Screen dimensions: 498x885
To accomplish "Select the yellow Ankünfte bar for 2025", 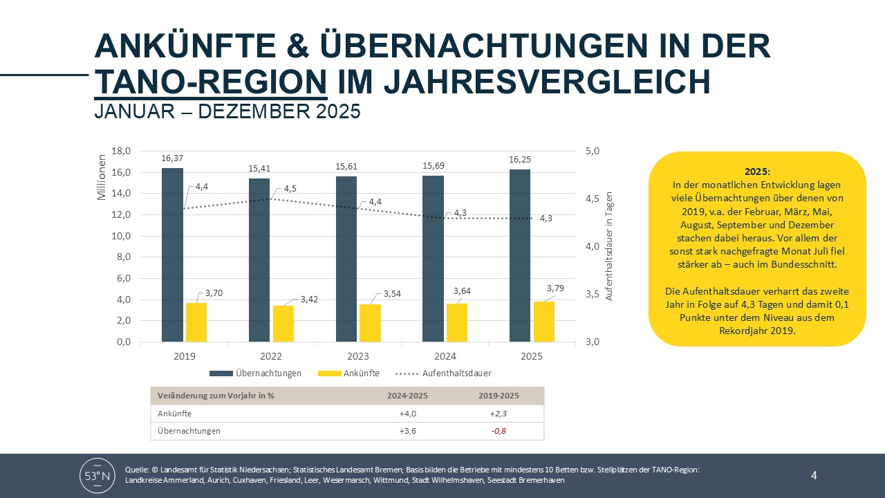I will pyautogui.click(x=544, y=322).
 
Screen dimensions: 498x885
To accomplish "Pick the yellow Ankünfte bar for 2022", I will pyautogui.click(x=283, y=324).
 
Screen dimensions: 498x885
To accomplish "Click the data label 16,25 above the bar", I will pyautogui.click(x=520, y=158).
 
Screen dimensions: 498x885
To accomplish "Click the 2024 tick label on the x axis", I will pyautogui.click(x=445, y=357).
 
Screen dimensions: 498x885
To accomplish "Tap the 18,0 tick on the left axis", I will pyautogui.click(x=121, y=151).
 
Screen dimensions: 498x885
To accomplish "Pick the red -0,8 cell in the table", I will pyautogui.click(x=499, y=431).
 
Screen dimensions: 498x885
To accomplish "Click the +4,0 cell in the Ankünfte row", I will pyautogui.click(x=408, y=414).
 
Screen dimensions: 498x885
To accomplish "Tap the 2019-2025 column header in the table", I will pyautogui.click(x=499, y=396).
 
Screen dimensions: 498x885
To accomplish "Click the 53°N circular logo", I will pyautogui.click(x=97, y=475).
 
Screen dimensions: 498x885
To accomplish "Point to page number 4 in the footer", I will pyautogui.click(x=814, y=475).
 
